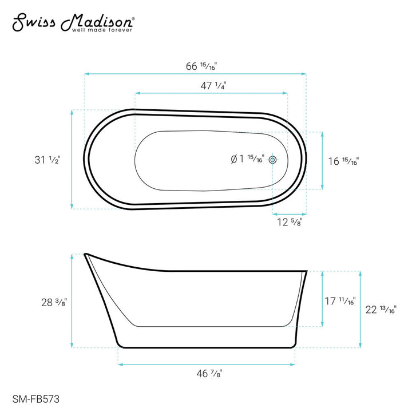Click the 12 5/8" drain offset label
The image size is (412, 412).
[289, 222]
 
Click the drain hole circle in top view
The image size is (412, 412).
[272, 160]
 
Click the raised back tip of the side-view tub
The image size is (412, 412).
[86, 254]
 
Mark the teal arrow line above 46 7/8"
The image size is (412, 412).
[207, 363]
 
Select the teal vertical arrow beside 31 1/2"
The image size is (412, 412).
[72, 160]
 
